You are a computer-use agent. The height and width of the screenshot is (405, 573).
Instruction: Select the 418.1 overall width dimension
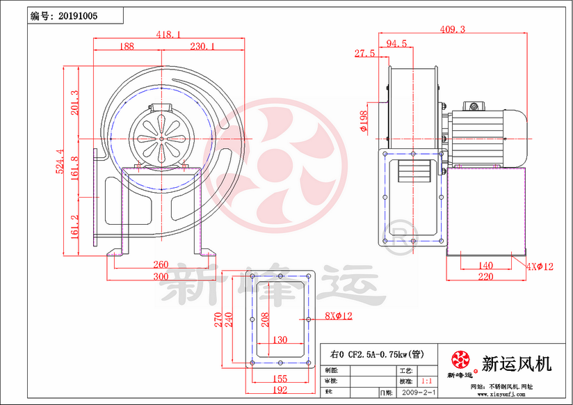click(x=168, y=34)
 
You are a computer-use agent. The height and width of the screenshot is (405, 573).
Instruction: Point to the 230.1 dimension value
click(x=202, y=46)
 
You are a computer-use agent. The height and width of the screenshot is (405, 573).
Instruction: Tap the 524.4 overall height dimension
click(x=60, y=161)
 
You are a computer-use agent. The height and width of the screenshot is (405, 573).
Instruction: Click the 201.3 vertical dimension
click(x=75, y=102)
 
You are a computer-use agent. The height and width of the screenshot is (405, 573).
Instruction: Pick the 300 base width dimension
click(x=161, y=276)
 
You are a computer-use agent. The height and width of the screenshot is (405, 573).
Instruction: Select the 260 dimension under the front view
click(x=161, y=264)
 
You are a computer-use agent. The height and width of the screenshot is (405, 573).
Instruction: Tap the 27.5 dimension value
click(x=364, y=54)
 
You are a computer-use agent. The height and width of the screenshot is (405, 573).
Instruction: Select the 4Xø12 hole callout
click(x=540, y=267)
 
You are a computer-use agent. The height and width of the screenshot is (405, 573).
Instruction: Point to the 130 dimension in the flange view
click(x=280, y=340)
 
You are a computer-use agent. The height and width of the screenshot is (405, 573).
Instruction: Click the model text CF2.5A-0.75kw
click(x=378, y=354)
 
